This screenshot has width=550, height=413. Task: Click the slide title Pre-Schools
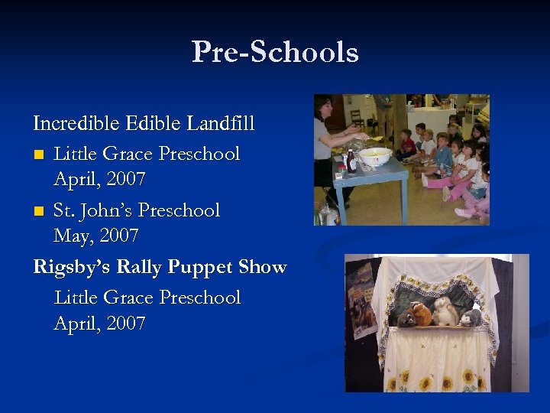[275, 52]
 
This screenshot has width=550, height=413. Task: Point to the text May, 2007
[96, 236]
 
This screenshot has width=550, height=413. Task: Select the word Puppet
[200, 268]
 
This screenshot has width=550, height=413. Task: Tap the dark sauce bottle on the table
[351, 161]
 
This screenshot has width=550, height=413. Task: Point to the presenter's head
[323, 107]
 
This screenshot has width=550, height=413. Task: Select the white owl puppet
[445, 311]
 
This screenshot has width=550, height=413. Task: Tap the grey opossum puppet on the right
[471, 316]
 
